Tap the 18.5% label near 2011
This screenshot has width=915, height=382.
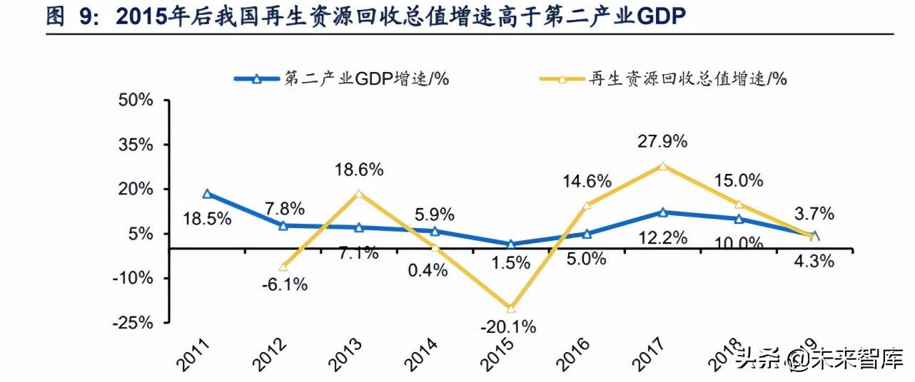tap(208, 219)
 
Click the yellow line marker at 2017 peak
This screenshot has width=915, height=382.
tap(663, 166)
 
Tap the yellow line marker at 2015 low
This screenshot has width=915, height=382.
tap(510, 309)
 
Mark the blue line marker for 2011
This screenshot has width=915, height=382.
tap(207, 194)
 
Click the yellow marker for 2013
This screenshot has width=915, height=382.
tap(359, 194)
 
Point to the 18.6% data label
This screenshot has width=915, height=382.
tap(360, 170)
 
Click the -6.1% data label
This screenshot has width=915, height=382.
tap(284, 284)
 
